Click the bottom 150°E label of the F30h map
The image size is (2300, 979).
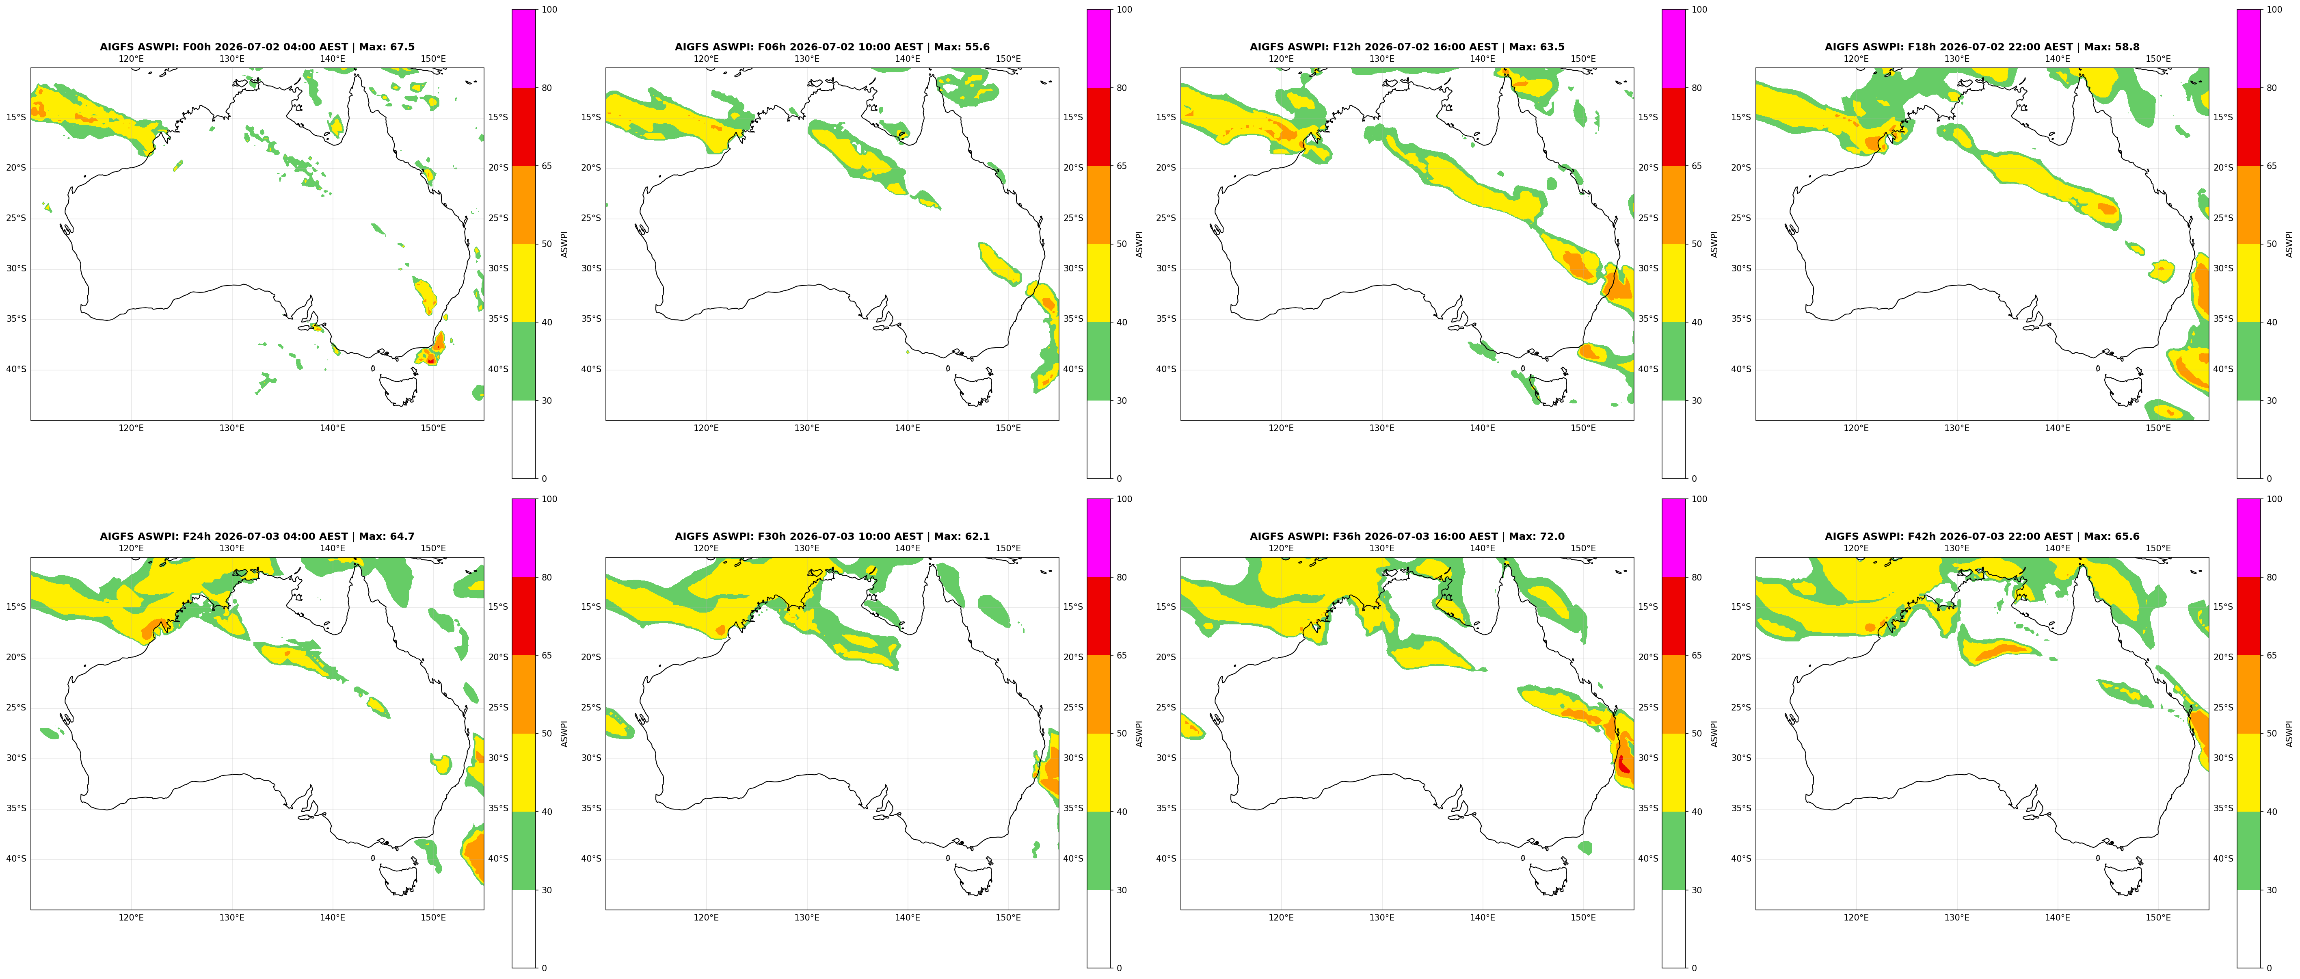pos(1008,917)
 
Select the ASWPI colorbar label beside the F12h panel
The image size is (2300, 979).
pos(1714,244)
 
